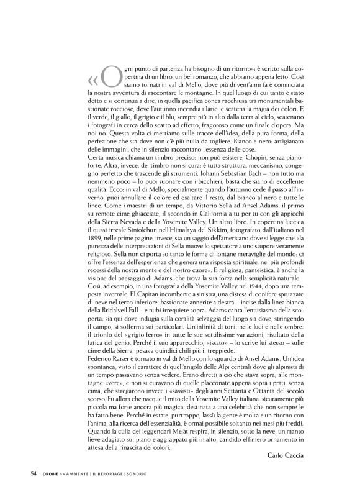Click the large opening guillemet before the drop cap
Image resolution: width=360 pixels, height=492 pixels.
[92, 81]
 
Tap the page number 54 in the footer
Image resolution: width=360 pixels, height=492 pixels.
[35, 474]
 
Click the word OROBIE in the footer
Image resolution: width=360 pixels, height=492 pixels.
[52, 474]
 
